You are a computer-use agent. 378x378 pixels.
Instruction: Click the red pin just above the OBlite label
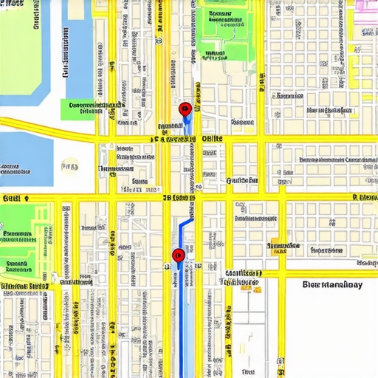tap(186, 110)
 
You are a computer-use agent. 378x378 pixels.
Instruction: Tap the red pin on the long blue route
tap(178, 256)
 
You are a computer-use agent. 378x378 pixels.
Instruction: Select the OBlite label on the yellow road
tap(212, 138)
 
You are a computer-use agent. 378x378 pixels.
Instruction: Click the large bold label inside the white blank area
tap(332, 285)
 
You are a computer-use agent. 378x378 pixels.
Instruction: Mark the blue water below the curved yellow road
tap(27, 159)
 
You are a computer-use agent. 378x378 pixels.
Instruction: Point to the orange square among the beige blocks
tap(256, 290)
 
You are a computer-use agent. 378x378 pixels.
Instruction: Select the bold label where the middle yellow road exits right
tap(365, 198)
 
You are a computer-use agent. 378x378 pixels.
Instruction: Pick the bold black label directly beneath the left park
tap(24, 285)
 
